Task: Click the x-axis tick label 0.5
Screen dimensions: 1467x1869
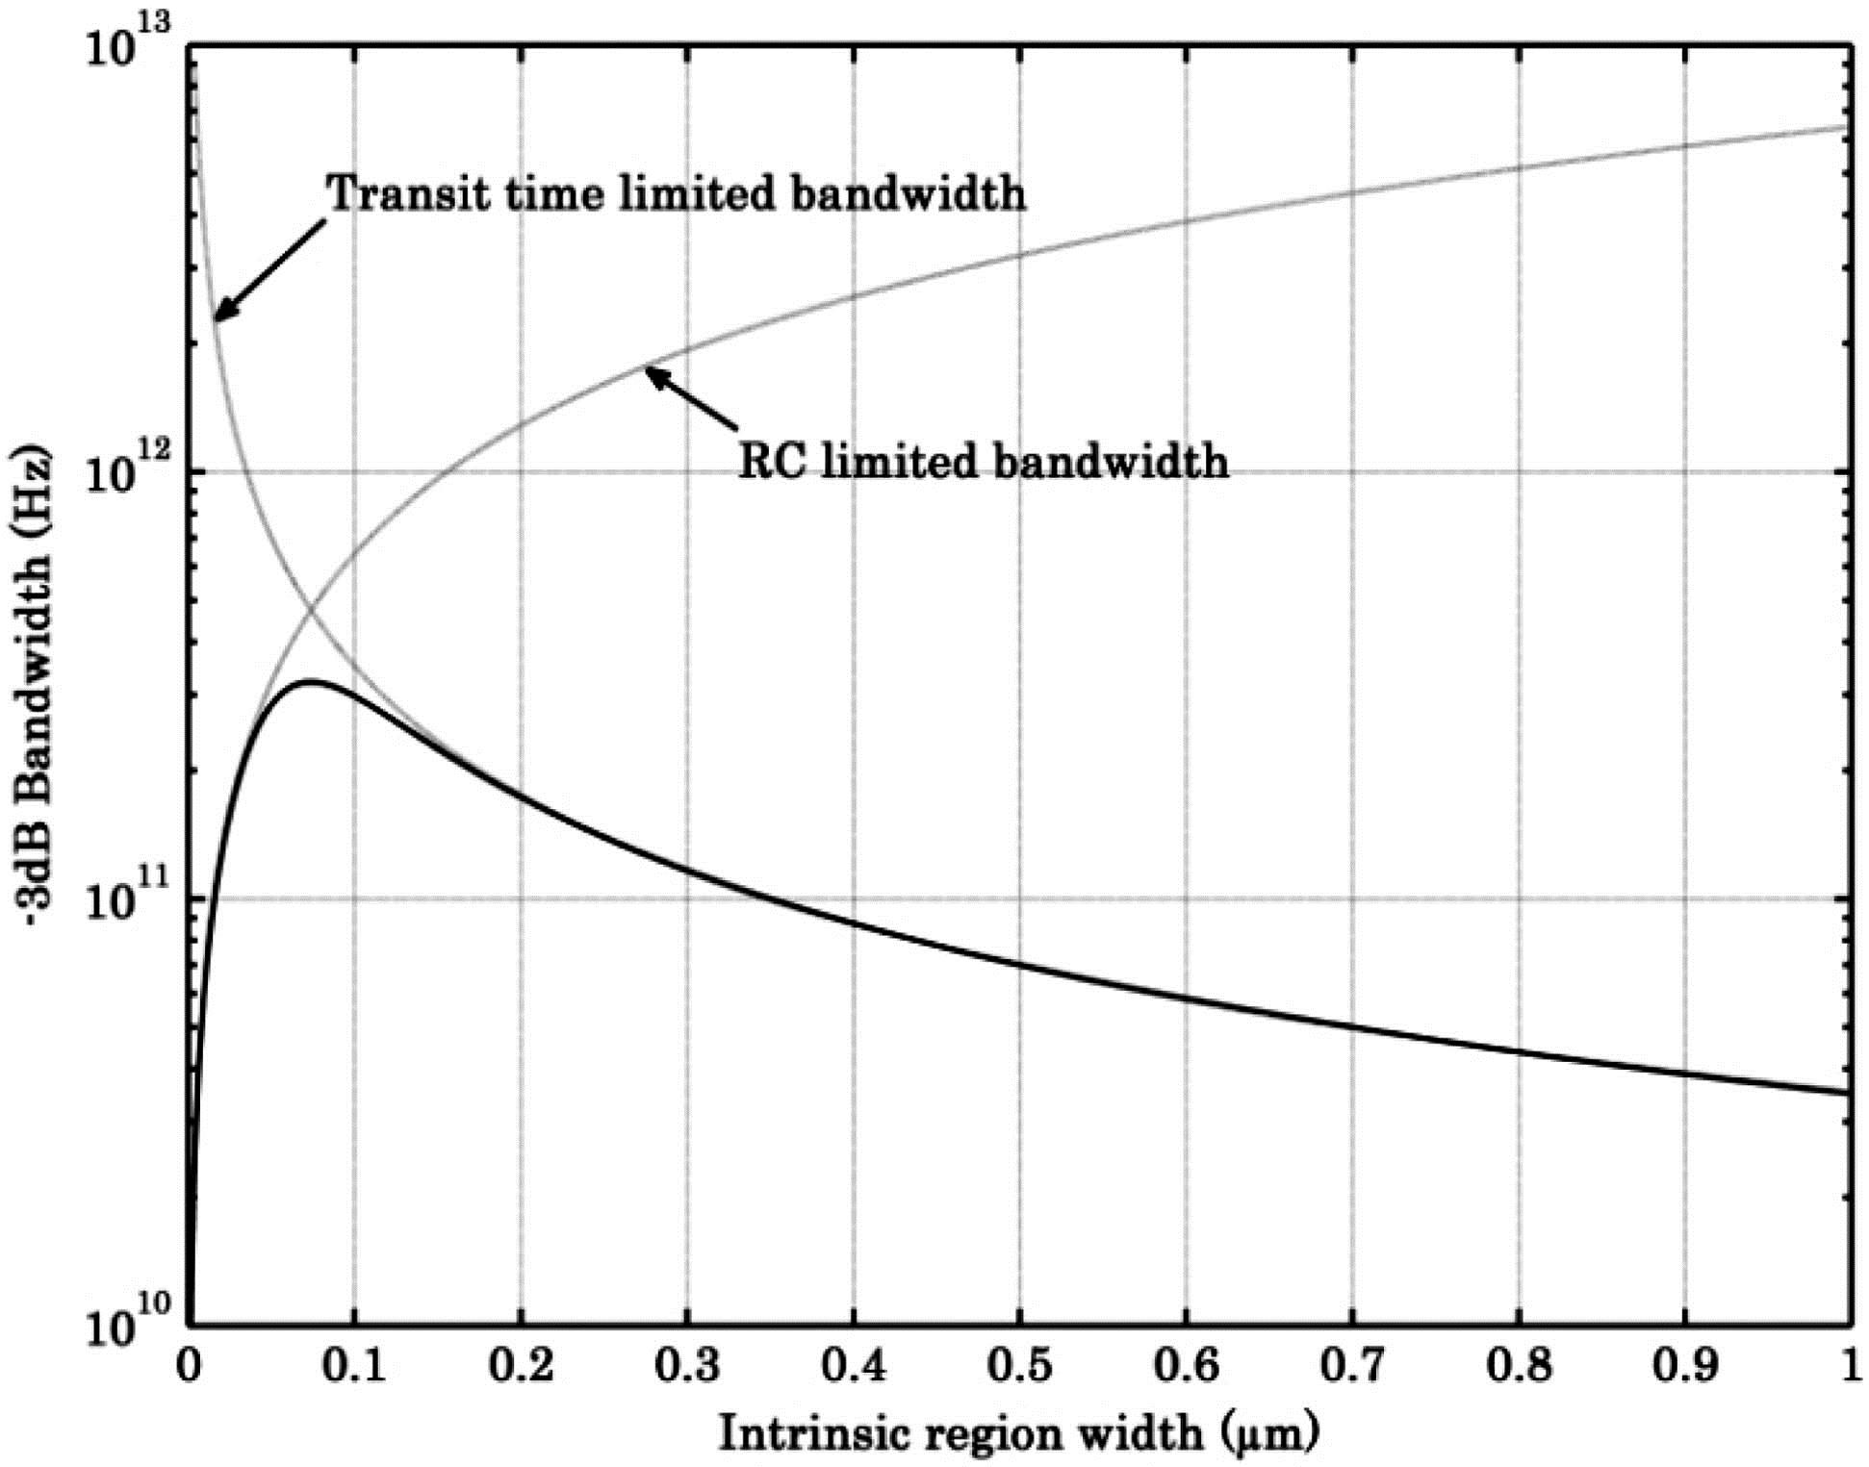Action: pos(1019,1367)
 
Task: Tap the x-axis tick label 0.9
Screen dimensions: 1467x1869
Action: pos(1685,1367)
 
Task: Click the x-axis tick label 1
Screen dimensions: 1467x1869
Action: pos(1849,1367)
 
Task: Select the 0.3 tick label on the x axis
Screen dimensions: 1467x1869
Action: pos(687,1367)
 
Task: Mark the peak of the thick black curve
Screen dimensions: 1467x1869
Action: pos(308,682)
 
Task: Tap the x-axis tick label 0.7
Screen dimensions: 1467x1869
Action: pos(1352,1367)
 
